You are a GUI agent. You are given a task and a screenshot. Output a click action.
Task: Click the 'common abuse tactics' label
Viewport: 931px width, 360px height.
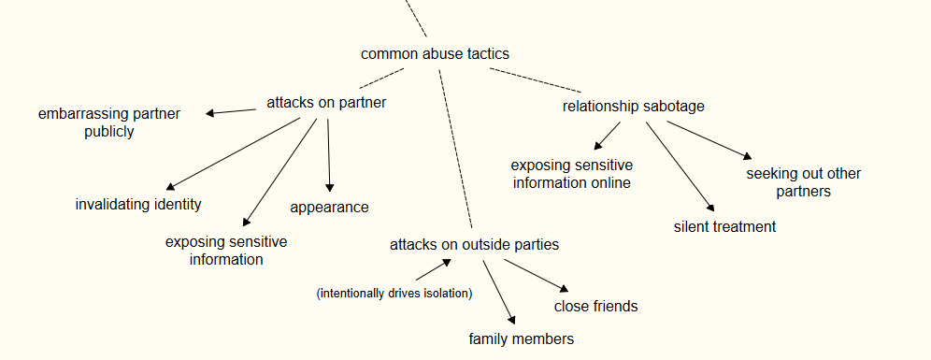pyautogui.click(x=435, y=53)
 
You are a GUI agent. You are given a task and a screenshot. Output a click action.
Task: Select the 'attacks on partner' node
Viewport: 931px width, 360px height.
pyautogui.click(x=326, y=102)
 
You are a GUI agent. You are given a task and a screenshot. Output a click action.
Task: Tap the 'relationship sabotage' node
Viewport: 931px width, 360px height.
pyautogui.click(x=634, y=107)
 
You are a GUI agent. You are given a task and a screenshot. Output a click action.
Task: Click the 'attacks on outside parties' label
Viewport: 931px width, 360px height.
pyautogui.click(x=475, y=244)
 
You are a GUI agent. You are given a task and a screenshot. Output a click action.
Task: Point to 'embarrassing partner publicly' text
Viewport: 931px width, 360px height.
pyautogui.click(x=109, y=122)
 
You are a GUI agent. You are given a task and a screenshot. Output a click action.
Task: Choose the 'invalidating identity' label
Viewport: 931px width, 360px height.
pyautogui.click(x=138, y=205)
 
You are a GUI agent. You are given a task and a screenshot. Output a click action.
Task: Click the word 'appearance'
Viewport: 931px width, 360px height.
pyautogui.click(x=330, y=208)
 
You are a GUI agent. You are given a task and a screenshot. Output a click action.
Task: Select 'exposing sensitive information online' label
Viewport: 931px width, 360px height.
pyautogui.click(x=572, y=174)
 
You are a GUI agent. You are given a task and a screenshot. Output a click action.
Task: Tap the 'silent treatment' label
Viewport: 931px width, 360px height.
pyautogui.click(x=725, y=226)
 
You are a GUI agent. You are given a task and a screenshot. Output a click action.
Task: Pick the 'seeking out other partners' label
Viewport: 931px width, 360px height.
pyautogui.click(x=803, y=182)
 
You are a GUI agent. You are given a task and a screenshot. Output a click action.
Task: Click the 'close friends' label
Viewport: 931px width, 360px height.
pyautogui.click(x=595, y=306)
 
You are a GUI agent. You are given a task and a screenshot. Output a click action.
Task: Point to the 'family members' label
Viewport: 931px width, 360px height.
pyautogui.click(x=522, y=338)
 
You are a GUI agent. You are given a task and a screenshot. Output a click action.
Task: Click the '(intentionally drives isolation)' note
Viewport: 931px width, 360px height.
pyautogui.click(x=394, y=293)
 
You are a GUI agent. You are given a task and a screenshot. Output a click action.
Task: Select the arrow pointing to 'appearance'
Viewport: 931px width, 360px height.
pyautogui.click(x=329, y=155)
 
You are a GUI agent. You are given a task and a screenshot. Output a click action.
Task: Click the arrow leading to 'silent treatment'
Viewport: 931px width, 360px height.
pyautogui.click(x=680, y=167)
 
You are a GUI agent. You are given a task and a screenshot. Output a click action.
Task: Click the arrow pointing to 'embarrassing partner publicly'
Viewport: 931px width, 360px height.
pyautogui.click(x=231, y=111)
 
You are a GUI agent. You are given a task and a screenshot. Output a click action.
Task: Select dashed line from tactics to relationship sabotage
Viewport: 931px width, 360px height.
pyautogui.click(x=536, y=80)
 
